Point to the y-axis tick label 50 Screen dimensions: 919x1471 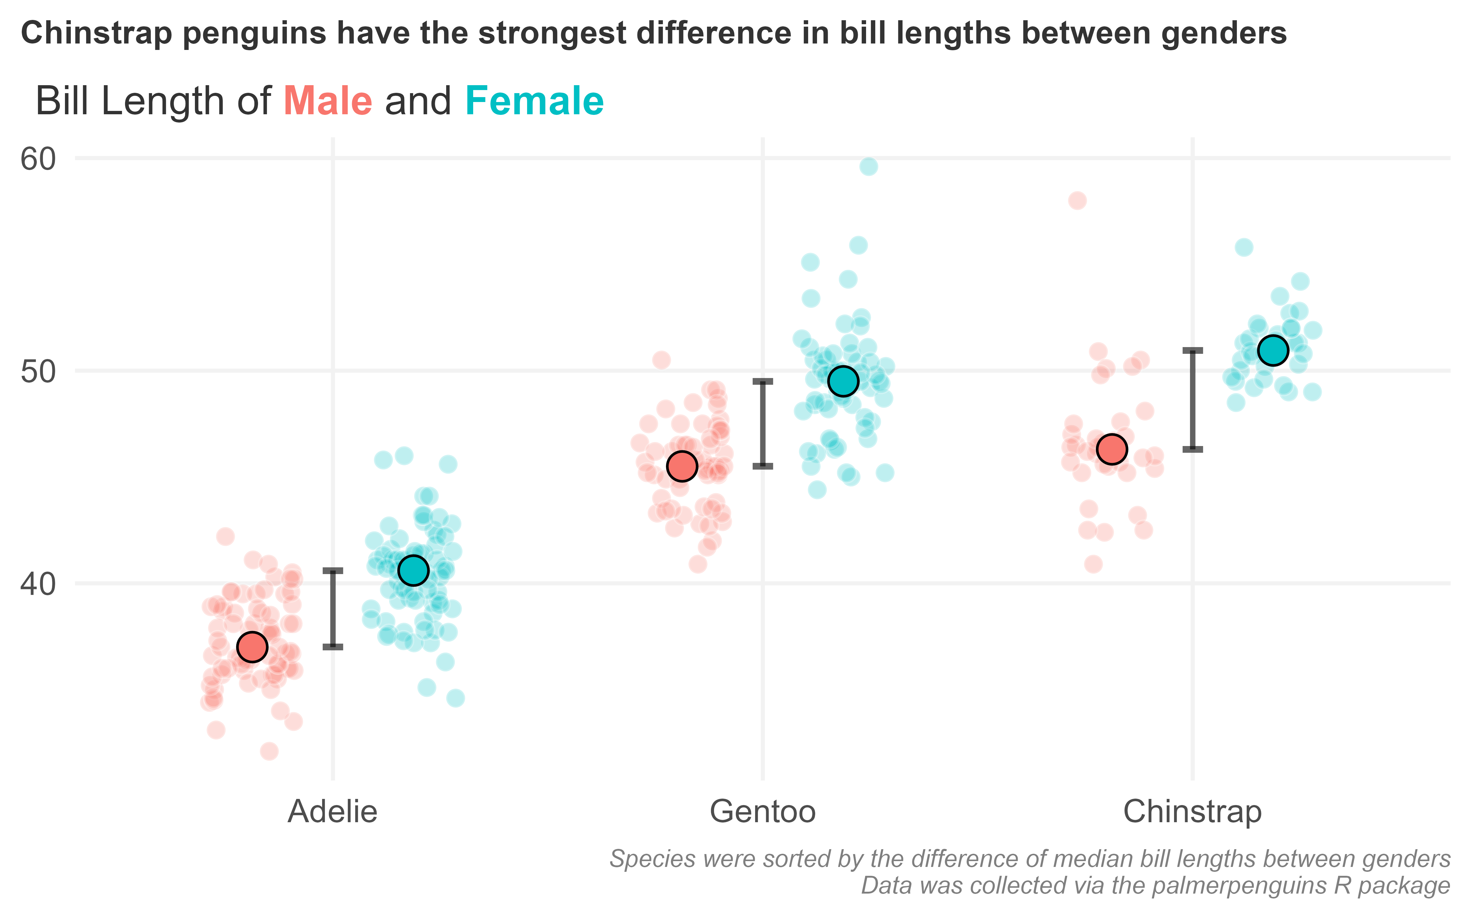(x=38, y=371)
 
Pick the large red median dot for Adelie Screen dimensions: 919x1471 (x=252, y=647)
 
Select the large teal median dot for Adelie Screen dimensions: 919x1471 (x=413, y=570)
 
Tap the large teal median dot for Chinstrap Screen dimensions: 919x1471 (x=1273, y=350)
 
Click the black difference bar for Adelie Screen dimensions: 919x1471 (x=333, y=608)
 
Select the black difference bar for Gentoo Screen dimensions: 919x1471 (x=763, y=424)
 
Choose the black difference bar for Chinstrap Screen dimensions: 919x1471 (x=1193, y=399)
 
